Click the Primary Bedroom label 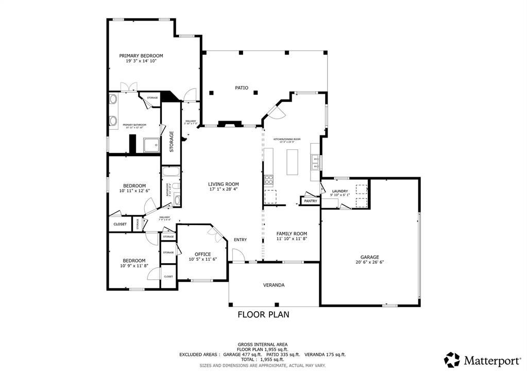point(141,56)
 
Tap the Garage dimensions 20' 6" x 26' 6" point(369,262)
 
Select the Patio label point(242,88)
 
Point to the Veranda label point(274,285)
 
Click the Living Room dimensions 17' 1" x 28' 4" point(223,189)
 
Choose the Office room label point(202,254)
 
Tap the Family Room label point(292,234)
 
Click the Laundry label point(340,191)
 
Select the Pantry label point(310,201)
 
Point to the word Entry point(240,240)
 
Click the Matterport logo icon point(452,359)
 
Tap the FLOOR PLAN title point(263,314)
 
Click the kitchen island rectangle point(293,162)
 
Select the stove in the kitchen point(268,179)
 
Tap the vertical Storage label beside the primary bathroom point(172,141)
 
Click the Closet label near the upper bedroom point(120,224)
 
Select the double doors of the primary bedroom point(126,87)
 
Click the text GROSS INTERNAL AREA point(263,344)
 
